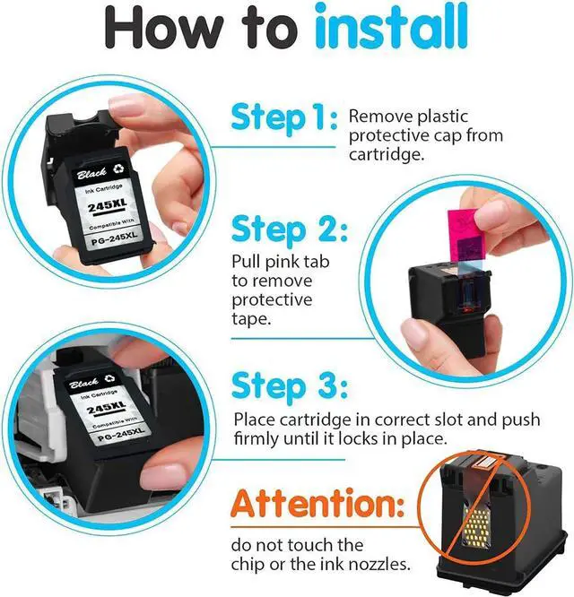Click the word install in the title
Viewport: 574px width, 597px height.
pos(391,27)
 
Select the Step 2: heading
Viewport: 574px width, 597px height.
pos(290,229)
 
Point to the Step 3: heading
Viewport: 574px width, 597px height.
pos(290,385)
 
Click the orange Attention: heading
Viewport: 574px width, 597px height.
pos(317,504)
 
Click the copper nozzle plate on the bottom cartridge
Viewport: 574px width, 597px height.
pos(484,462)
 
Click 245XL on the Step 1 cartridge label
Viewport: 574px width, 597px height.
pos(107,205)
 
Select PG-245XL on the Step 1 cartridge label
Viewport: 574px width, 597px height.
pos(114,238)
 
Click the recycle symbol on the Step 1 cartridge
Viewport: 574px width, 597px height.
pos(118,169)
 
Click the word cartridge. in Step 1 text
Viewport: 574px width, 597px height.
pos(387,155)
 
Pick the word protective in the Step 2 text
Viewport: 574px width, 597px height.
pos(272,299)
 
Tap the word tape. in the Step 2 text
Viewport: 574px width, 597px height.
pos(251,319)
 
